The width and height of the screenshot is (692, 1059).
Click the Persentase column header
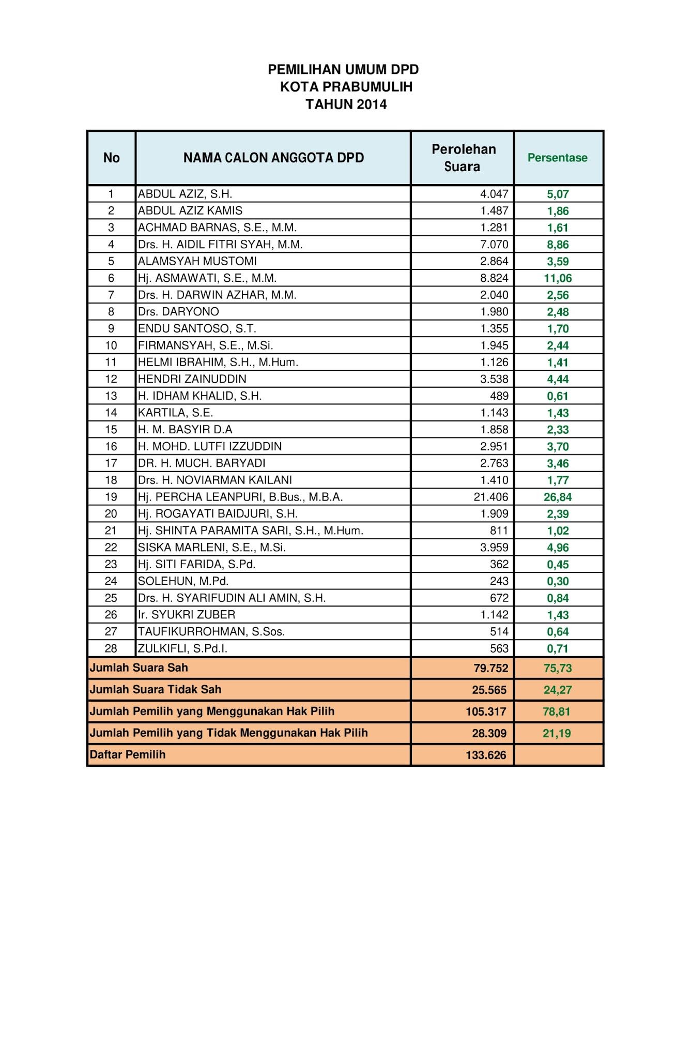(557, 158)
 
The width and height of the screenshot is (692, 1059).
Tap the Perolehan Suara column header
(463, 158)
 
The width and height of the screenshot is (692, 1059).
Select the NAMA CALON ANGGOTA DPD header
(273, 158)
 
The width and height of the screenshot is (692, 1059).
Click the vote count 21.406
(490, 497)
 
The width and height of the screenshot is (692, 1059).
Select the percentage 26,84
(557, 497)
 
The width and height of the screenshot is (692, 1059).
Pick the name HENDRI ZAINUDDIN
(192, 379)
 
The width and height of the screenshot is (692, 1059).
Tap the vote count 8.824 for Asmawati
(494, 278)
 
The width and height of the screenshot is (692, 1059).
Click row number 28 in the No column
(111, 648)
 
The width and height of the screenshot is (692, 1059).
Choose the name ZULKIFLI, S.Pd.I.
(182, 648)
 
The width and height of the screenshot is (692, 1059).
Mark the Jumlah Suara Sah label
(139, 668)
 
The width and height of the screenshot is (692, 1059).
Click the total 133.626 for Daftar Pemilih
(486, 755)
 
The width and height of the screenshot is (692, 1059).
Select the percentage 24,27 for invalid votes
(557, 690)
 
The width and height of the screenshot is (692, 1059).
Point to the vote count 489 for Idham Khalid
(499, 396)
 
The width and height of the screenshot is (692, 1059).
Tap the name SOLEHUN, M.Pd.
(183, 581)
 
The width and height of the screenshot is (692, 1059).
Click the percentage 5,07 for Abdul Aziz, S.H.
(558, 194)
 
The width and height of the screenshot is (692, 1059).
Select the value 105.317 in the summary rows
(486, 712)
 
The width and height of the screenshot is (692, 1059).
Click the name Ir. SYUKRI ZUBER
(187, 615)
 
